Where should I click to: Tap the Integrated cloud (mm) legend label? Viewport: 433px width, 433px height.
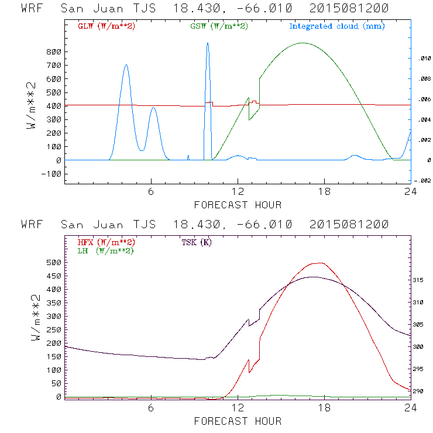337,26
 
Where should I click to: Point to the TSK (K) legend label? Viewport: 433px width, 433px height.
195,242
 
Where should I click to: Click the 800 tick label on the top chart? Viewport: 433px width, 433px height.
53,51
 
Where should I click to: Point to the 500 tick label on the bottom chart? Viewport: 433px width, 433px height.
53,262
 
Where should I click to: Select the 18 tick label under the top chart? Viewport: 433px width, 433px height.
324,192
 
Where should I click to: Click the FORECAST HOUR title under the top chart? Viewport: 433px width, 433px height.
238,205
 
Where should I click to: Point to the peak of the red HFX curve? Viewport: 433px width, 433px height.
318,263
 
